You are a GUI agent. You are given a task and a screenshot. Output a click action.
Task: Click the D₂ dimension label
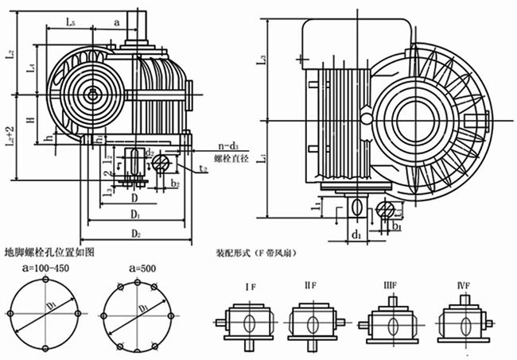136,234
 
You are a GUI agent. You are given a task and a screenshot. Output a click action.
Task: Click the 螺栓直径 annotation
232,160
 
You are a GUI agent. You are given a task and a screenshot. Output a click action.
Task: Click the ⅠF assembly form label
249,283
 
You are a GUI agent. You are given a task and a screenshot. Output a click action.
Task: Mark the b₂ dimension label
174,185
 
